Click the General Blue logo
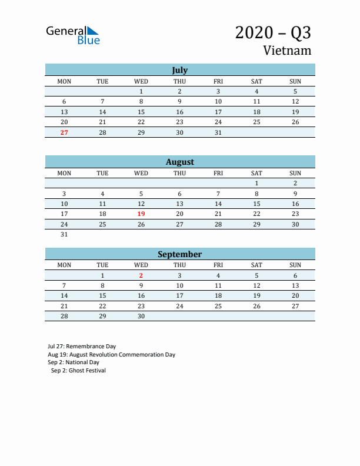[x=72, y=35]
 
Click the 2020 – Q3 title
[x=273, y=32]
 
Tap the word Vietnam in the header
[x=287, y=51]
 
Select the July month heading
[x=179, y=70]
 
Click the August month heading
[x=179, y=162]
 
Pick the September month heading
[x=179, y=254]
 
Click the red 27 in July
[x=64, y=132]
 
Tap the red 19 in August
[x=141, y=214]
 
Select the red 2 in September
[x=141, y=275]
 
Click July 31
[x=218, y=132]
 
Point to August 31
[x=64, y=234]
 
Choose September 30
[x=141, y=316]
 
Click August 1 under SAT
[x=256, y=183]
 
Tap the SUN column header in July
[x=295, y=81]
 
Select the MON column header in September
[x=64, y=265]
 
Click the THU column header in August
[x=179, y=173]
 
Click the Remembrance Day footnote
[x=82, y=347]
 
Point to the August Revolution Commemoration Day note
[x=111, y=355]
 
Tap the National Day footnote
[x=74, y=362]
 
